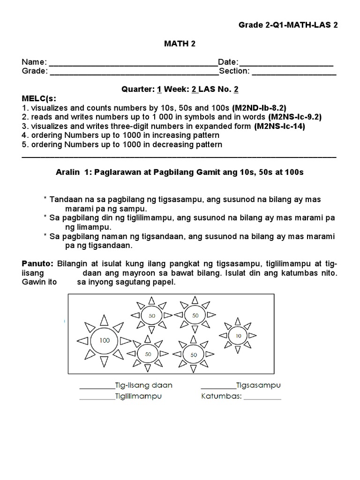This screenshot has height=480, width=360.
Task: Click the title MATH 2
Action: tap(180, 44)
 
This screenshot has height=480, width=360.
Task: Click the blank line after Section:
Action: tap(294, 73)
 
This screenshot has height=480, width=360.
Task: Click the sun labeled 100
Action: tap(104, 340)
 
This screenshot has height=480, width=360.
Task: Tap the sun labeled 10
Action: tap(239, 336)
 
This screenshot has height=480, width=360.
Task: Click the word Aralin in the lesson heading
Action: tap(67, 172)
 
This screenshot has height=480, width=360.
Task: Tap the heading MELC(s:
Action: tap(38, 98)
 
